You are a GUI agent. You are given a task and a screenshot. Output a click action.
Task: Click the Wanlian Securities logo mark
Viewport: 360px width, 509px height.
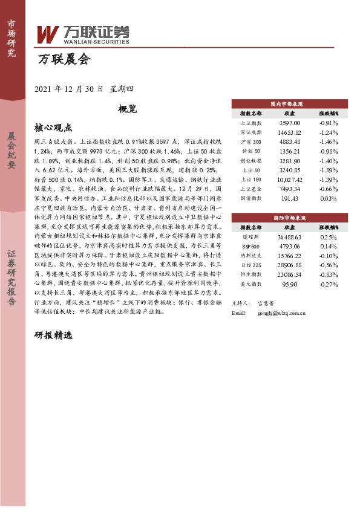coord(48,34)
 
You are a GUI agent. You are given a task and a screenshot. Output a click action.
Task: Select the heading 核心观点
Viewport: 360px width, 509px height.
coord(53,128)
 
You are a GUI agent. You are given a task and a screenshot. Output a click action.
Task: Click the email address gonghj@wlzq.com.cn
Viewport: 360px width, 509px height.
coord(281,314)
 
